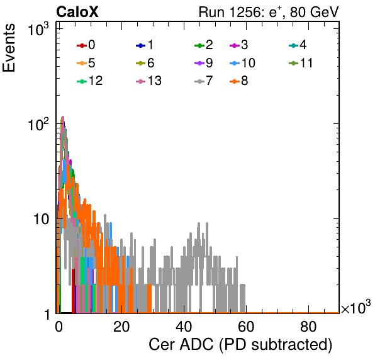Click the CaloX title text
(x=77, y=12)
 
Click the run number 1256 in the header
(x=244, y=12)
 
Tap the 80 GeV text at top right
(x=314, y=12)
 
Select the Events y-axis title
(x=9, y=48)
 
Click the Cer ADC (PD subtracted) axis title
(x=240, y=345)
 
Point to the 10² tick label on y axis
(x=38, y=124)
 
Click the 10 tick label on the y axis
(x=41, y=219)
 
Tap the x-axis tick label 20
(x=121, y=327)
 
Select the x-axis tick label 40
(x=184, y=327)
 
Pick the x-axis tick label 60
(x=246, y=327)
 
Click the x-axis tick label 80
(x=308, y=327)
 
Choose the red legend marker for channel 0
(x=82, y=45)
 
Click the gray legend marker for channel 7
(x=199, y=82)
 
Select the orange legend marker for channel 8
(x=235, y=82)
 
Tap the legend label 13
(x=155, y=81)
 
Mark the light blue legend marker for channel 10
(x=235, y=64)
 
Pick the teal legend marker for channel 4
(x=293, y=45)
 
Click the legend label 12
(x=96, y=81)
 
